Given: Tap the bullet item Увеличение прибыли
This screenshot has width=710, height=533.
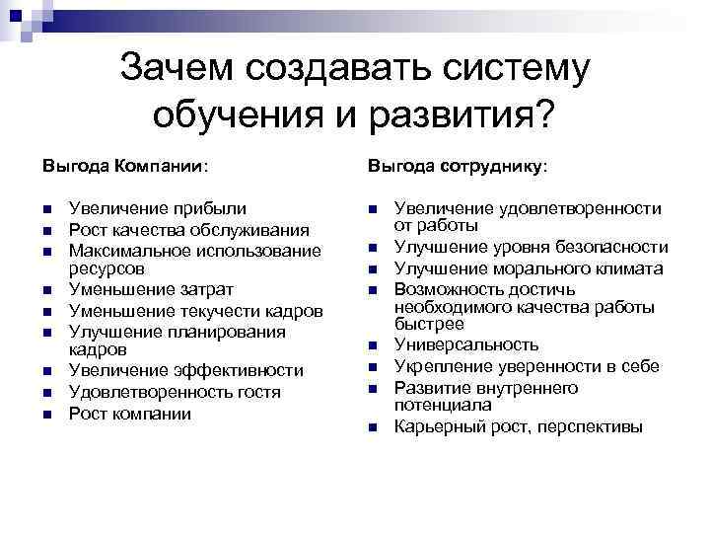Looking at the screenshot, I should coord(158,208).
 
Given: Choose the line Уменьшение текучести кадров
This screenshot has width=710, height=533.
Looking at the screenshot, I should coord(195,311).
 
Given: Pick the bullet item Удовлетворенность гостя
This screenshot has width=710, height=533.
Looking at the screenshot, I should coord(175,392).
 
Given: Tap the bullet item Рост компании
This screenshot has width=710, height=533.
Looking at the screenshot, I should coord(128,413).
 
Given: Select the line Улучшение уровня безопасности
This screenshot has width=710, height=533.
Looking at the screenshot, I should coord(524,248).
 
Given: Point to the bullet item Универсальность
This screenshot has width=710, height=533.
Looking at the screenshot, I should coord(466,345).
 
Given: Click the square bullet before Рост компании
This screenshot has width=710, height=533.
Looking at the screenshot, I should coord(46,414).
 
